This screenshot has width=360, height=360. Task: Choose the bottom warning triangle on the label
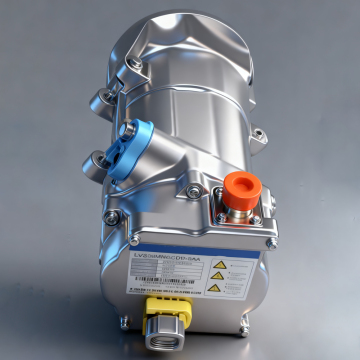[x=218, y=291]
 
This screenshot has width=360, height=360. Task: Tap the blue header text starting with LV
[x=170, y=256]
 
